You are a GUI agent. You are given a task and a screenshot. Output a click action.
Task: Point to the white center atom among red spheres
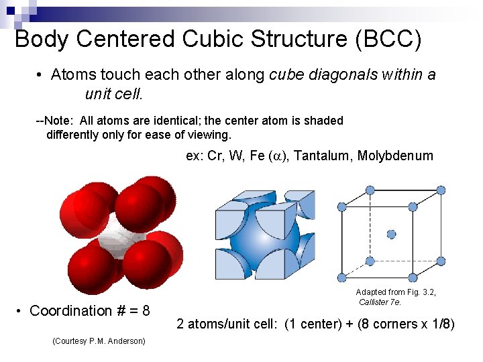coord(121,239)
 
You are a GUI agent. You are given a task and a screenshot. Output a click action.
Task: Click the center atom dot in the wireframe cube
coord(392,234)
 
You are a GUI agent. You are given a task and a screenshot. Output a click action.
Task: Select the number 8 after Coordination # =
coord(146,311)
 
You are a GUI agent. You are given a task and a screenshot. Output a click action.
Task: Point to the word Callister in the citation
coord(375,302)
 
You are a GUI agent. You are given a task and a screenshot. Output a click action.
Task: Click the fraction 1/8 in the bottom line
coord(439,324)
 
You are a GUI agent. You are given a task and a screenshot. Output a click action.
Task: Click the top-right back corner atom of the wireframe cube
coord(441,190)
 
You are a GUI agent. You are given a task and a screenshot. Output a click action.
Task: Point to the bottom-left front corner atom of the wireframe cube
coord(343,276)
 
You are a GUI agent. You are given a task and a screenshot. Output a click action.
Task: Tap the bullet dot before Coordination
coord(21,311)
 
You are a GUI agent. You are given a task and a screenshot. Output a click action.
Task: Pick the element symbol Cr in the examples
coord(215,156)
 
